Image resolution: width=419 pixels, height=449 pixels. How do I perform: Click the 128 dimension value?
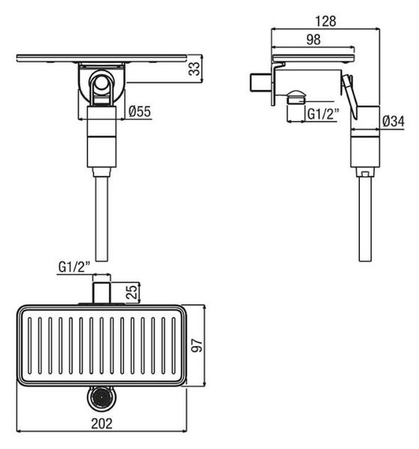325,21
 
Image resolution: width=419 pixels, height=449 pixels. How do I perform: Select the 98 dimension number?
314,40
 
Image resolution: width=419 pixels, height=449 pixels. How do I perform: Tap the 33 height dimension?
195,69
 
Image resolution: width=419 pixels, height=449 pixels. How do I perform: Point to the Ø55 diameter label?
139,111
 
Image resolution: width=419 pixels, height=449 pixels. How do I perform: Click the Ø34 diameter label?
394,121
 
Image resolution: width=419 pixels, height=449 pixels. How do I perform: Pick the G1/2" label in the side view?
323,114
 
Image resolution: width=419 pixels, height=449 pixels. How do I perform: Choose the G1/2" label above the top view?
74,267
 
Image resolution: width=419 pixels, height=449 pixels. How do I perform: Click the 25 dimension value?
132,293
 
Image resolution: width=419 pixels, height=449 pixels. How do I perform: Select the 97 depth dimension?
197,345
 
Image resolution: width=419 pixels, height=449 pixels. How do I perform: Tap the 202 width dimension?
102,424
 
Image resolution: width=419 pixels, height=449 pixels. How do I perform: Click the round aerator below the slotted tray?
102,398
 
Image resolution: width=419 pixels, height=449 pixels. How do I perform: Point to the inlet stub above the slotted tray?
102,293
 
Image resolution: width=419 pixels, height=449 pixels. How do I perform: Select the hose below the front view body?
102,219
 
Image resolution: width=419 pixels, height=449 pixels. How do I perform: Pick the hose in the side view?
365,219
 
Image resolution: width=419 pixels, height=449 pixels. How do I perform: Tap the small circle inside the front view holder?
101,83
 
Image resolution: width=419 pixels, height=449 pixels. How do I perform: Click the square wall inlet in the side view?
260,83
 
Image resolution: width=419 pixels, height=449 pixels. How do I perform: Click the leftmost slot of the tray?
29,346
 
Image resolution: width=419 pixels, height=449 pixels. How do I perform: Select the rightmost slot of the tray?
174,346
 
